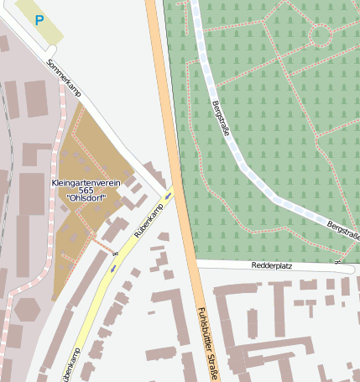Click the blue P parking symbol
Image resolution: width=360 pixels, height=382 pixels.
click(x=39, y=19)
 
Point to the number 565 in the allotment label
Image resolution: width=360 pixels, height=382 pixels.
click(x=86, y=191)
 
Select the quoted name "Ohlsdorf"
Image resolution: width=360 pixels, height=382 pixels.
click(x=86, y=201)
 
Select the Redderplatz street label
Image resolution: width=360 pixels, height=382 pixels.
click(x=271, y=265)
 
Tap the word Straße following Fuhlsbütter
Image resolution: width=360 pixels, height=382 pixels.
click(x=212, y=368)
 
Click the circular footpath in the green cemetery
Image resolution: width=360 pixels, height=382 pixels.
click(x=321, y=35)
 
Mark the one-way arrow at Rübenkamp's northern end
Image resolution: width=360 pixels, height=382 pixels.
click(x=169, y=196)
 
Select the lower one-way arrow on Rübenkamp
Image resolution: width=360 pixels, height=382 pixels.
click(x=113, y=269)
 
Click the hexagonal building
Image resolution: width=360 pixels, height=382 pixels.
click(x=27, y=309)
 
